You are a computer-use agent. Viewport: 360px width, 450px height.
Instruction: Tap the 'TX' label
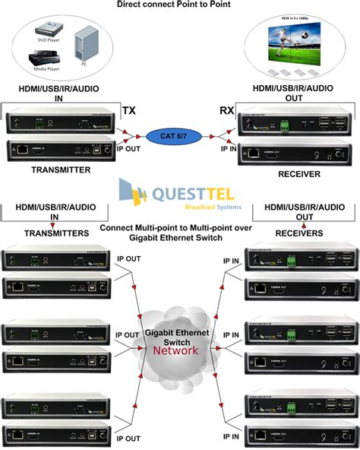coord(129,111)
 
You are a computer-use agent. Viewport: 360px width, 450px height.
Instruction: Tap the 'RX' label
coord(226,111)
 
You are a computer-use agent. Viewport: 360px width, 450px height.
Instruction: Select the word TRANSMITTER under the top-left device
coord(62,170)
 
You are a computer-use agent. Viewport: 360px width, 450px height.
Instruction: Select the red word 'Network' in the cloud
coord(176,350)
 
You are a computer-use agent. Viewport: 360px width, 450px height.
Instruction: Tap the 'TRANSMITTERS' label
coord(51,233)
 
